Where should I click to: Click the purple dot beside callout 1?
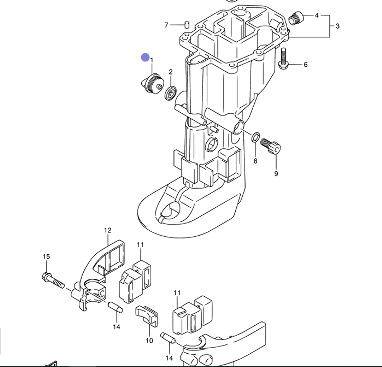click(145, 57)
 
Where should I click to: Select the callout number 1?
click(152, 60)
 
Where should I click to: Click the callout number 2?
click(170, 72)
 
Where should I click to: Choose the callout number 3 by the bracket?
click(337, 26)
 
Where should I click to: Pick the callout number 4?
click(317, 15)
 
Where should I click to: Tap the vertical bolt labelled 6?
click(283, 59)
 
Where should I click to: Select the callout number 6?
click(306, 65)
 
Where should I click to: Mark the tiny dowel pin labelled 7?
click(187, 25)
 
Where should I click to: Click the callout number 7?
click(166, 25)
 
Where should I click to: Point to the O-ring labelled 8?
click(256, 136)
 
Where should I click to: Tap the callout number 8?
click(255, 161)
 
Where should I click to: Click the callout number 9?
click(276, 174)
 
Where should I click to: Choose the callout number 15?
click(46, 257)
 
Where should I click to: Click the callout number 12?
click(108, 230)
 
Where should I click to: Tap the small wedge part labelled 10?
click(147, 315)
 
